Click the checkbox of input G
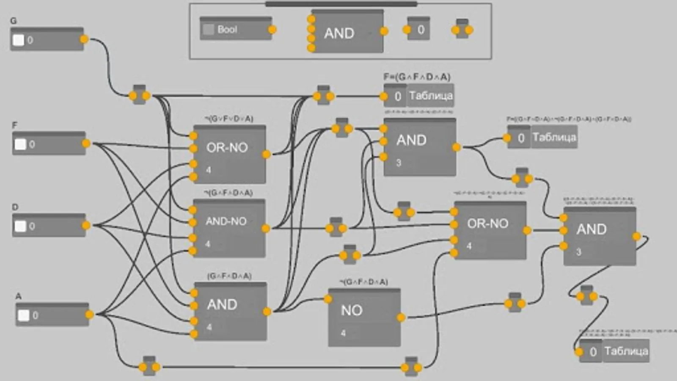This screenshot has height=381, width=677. [x=18, y=40]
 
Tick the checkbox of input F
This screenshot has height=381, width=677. [x=20, y=144]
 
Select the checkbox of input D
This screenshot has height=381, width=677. [x=20, y=226]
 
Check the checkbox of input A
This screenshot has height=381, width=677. [x=24, y=315]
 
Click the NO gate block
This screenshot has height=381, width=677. [x=364, y=317]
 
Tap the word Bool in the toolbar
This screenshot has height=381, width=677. [x=227, y=30]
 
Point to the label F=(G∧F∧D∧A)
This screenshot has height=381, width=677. [x=417, y=77]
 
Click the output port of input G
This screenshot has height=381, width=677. [x=84, y=39]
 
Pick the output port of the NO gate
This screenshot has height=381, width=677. [x=401, y=317]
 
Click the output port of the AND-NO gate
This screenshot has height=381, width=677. [x=266, y=229]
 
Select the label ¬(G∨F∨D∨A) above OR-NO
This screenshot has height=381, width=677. [x=229, y=119]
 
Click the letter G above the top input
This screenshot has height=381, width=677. [x=14, y=21]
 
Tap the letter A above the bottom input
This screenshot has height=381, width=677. [x=18, y=296]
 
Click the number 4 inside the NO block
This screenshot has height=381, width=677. [x=343, y=333]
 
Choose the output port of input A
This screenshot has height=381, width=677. [x=89, y=315]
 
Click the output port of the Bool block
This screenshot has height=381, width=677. [x=272, y=30]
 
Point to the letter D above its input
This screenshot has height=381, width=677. [x=15, y=207]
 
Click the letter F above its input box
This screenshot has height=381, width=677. [x=15, y=125]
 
